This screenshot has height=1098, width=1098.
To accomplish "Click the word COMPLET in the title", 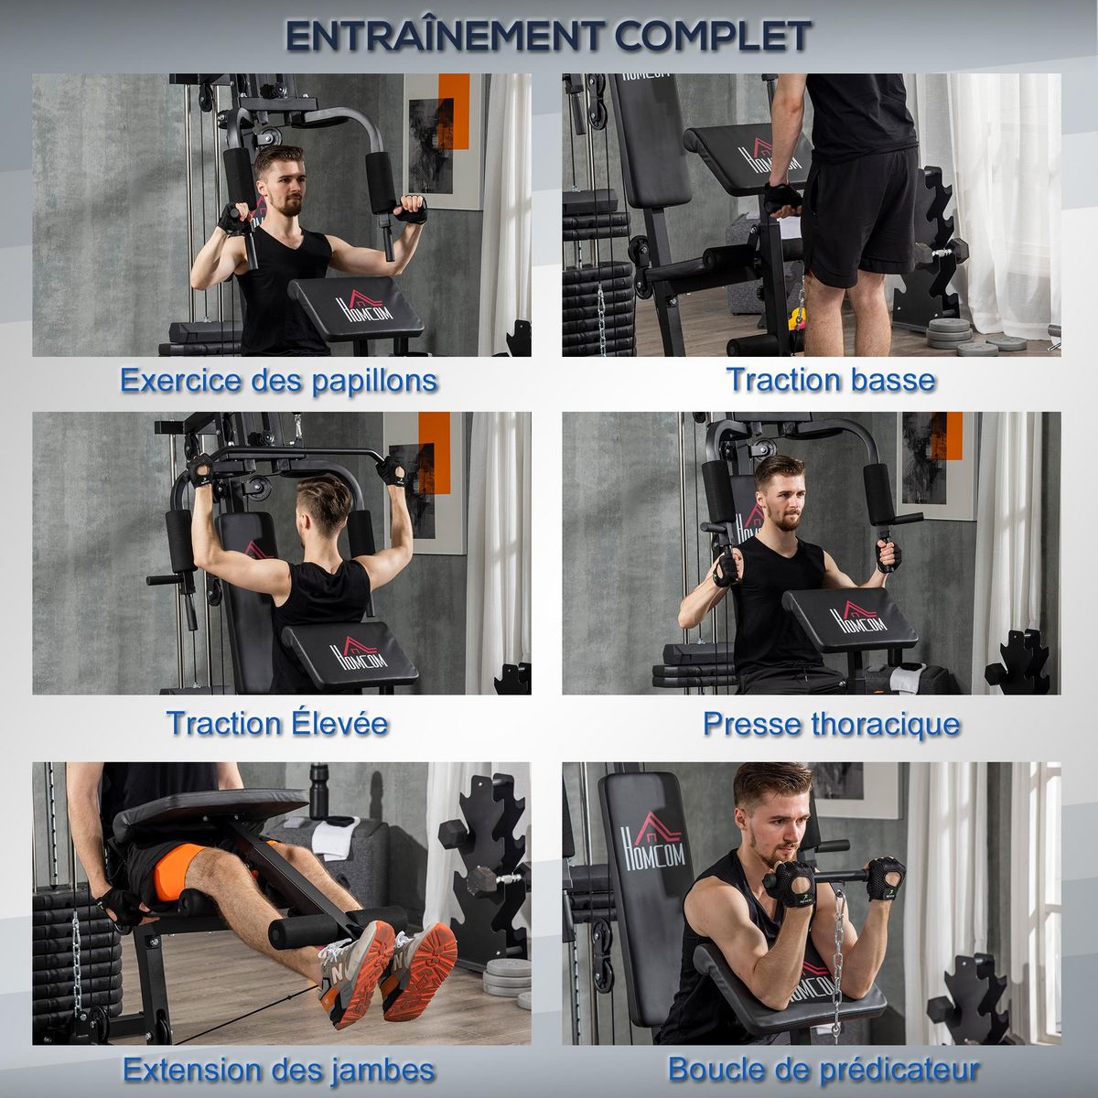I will point(712,37).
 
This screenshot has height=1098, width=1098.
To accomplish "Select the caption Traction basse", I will point(830,379).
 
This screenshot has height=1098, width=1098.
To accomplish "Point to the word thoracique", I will point(885,724).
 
